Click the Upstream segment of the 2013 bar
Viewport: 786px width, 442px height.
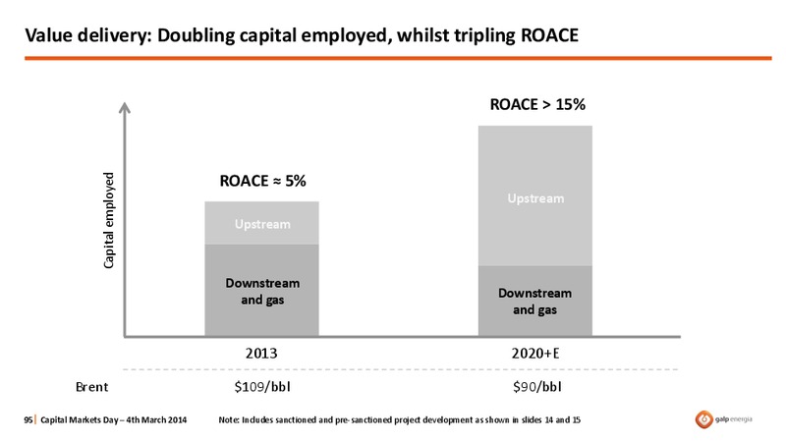[261, 223]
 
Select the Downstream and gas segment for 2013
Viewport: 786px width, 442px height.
[261, 290]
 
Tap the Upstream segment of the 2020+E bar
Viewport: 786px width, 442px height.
[534, 195]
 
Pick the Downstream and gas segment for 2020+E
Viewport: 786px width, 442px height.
[534, 301]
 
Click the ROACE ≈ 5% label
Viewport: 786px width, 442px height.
[262, 181]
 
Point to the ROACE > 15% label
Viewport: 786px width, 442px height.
[537, 104]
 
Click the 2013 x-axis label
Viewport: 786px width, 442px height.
[261, 354]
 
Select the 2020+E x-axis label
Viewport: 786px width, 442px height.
[535, 354]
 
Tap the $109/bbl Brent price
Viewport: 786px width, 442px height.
[262, 387]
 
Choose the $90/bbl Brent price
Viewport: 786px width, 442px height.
[536, 387]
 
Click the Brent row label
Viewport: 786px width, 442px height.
[91, 387]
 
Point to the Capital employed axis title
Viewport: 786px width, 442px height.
[109, 220]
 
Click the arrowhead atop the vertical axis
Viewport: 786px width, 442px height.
[125, 107]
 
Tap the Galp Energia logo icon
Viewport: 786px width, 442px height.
[703, 419]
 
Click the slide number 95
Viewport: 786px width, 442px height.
[28, 420]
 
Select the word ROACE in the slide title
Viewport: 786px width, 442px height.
[550, 35]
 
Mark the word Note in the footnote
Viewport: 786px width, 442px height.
[228, 420]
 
